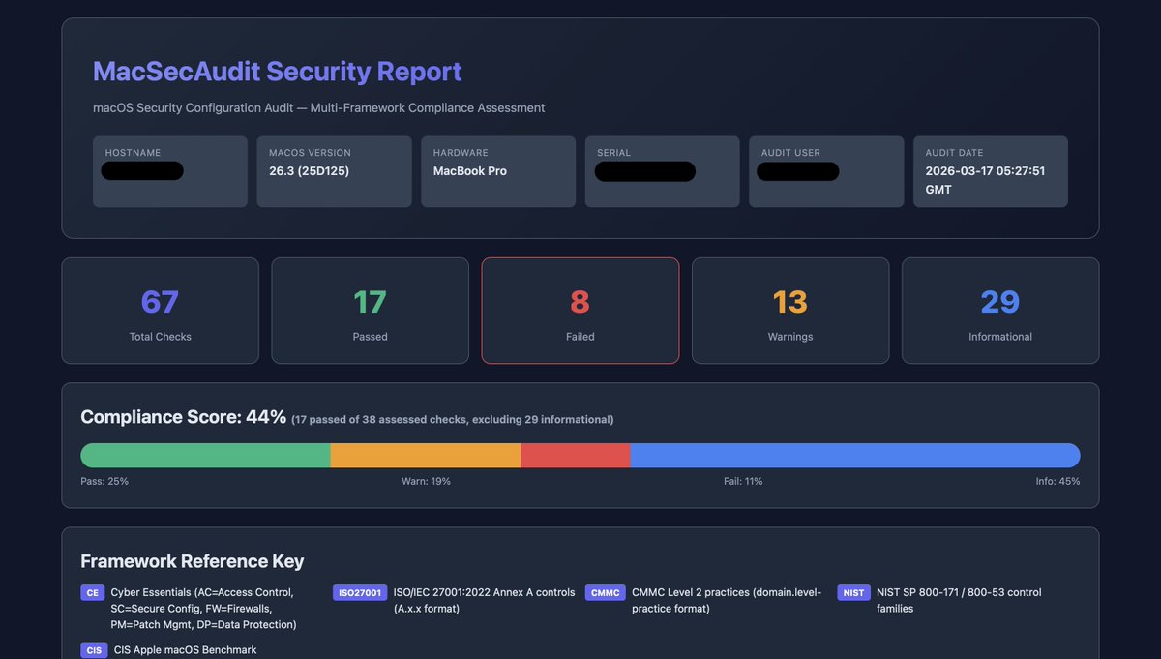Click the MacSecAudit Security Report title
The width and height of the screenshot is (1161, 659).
point(277,72)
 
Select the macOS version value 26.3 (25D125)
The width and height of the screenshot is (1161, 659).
point(309,171)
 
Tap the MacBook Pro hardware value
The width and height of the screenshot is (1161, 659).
point(469,171)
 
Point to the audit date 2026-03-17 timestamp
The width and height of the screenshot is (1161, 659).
point(985,180)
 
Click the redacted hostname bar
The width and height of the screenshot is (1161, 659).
point(142,171)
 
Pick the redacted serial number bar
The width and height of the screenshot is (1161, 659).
point(644,171)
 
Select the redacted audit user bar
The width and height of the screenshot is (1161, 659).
point(797,171)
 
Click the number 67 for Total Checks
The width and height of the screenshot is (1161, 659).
point(160,302)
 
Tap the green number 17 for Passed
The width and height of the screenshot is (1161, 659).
point(370,302)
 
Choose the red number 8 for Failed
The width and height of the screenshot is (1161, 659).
point(580,302)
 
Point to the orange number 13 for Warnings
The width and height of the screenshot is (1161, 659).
point(789,302)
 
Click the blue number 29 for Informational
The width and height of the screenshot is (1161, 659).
point(999,302)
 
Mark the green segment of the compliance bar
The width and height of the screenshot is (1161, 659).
point(205,456)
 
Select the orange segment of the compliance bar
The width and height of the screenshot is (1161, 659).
point(425,456)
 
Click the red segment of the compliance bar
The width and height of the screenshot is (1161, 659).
point(575,456)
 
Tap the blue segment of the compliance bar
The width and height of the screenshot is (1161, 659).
point(854,456)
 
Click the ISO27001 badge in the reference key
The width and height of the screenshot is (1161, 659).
point(360,593)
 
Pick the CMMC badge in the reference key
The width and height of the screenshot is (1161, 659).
point(605,593)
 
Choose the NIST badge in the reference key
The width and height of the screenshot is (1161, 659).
point(853,593)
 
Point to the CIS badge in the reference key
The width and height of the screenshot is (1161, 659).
point(94,650)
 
